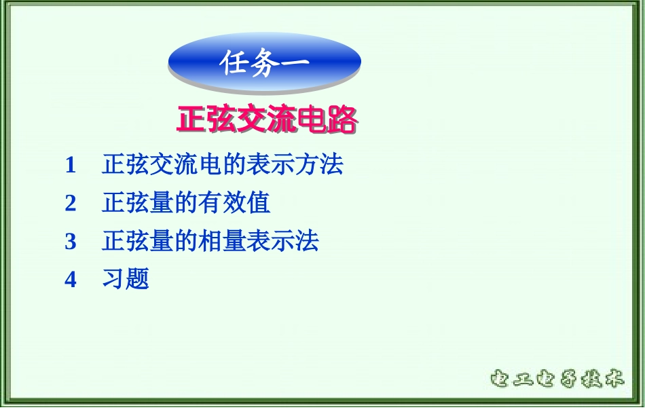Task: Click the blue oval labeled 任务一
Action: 264,62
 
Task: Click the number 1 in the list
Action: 71,165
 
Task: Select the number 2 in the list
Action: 71,203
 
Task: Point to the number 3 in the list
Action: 71,241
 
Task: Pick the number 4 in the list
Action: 71,279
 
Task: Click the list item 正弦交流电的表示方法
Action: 222,164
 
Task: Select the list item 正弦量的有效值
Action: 186,203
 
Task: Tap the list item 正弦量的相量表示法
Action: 210,241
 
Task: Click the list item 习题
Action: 126,279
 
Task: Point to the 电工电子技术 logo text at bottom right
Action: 556,379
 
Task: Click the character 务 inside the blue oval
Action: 264,63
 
